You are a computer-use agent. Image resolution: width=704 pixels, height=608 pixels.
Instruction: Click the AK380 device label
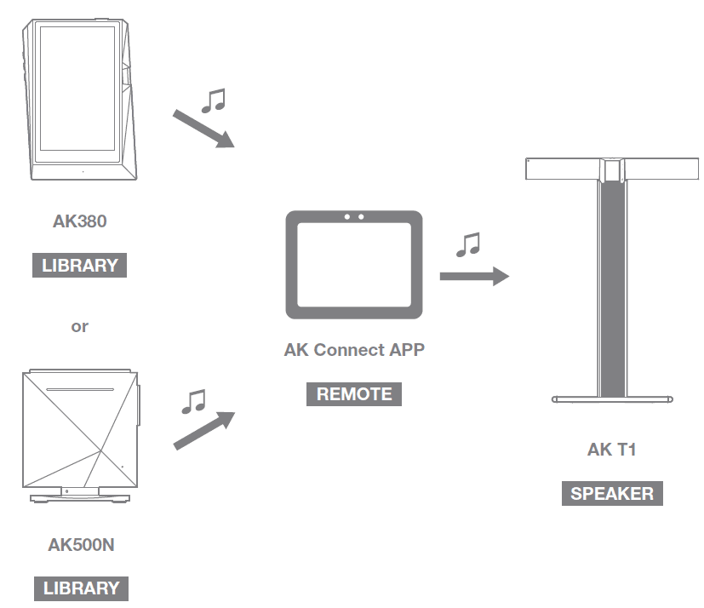pos(79,221)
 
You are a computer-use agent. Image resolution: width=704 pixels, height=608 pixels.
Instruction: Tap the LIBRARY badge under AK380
pos(79,265)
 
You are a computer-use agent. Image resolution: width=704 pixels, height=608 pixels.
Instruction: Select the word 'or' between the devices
pos(79,326)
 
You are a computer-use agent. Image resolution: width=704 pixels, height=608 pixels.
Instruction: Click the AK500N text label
pos(81,545)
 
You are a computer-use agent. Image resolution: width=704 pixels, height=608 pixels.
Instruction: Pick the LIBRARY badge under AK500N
pos(81,588)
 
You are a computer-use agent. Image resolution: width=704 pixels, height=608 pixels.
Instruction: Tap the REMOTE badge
pos(354,394)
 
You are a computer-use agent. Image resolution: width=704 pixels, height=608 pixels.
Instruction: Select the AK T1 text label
pos(611,450)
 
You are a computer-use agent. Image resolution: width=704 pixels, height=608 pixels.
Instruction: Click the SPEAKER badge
pos(612,494)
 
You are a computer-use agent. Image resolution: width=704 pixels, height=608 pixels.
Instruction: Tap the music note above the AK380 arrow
pos(213,101)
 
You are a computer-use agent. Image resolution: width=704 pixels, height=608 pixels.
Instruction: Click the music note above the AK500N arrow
pos(194,401)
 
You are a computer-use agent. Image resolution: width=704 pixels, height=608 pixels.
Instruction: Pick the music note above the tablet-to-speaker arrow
pos(468,244)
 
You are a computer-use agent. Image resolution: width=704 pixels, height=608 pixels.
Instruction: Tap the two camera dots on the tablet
pos(353,217)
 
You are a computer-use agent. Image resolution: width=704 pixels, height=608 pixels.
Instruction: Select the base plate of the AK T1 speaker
pos(613,398)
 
